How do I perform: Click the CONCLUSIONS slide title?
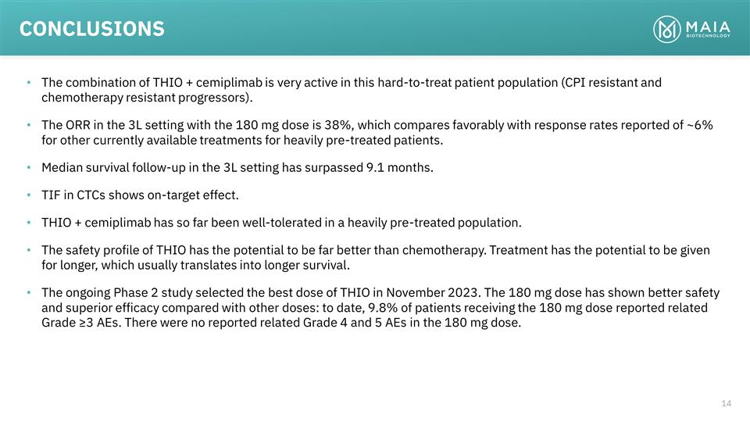pyautogui.click(x=91, y=29)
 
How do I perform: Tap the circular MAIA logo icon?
pyautogui.click(x=666, y=29)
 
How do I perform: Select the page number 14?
pyautogui.click(x=727, y=403)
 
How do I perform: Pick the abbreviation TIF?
pyautogui.click(x=52, y=195)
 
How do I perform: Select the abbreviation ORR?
pyautogui.click(x=80, y=126)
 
